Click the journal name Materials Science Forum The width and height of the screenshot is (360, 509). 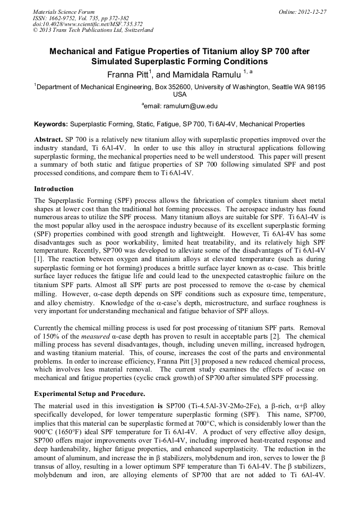64,11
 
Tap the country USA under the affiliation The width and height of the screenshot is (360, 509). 180,94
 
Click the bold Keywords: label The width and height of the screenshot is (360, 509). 51,124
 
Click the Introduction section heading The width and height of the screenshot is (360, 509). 54,188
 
